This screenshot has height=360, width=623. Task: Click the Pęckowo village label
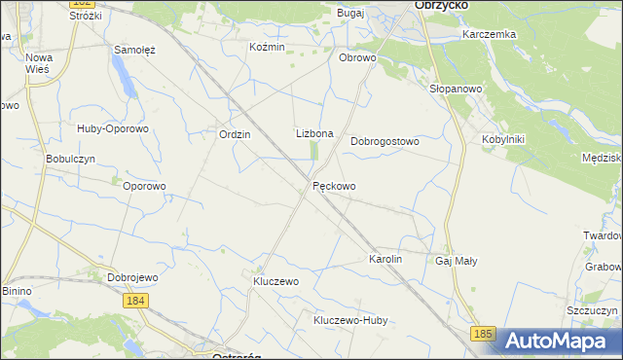point(334,186)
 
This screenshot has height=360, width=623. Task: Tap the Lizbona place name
point(314,133)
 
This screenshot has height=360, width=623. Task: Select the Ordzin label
point(236,135)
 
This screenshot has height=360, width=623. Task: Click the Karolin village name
point(385,260)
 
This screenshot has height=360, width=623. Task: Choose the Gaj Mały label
point(457,261)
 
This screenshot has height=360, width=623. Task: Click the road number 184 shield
point(136,302)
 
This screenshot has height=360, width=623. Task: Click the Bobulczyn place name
point(70,159)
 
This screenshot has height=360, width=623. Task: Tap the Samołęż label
point(135,49)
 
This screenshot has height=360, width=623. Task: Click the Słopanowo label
point(457,89)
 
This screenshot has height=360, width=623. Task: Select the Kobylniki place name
point(503,139)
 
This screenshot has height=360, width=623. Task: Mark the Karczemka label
point(490,34)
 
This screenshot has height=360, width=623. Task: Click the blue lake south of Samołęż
point(124,73)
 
